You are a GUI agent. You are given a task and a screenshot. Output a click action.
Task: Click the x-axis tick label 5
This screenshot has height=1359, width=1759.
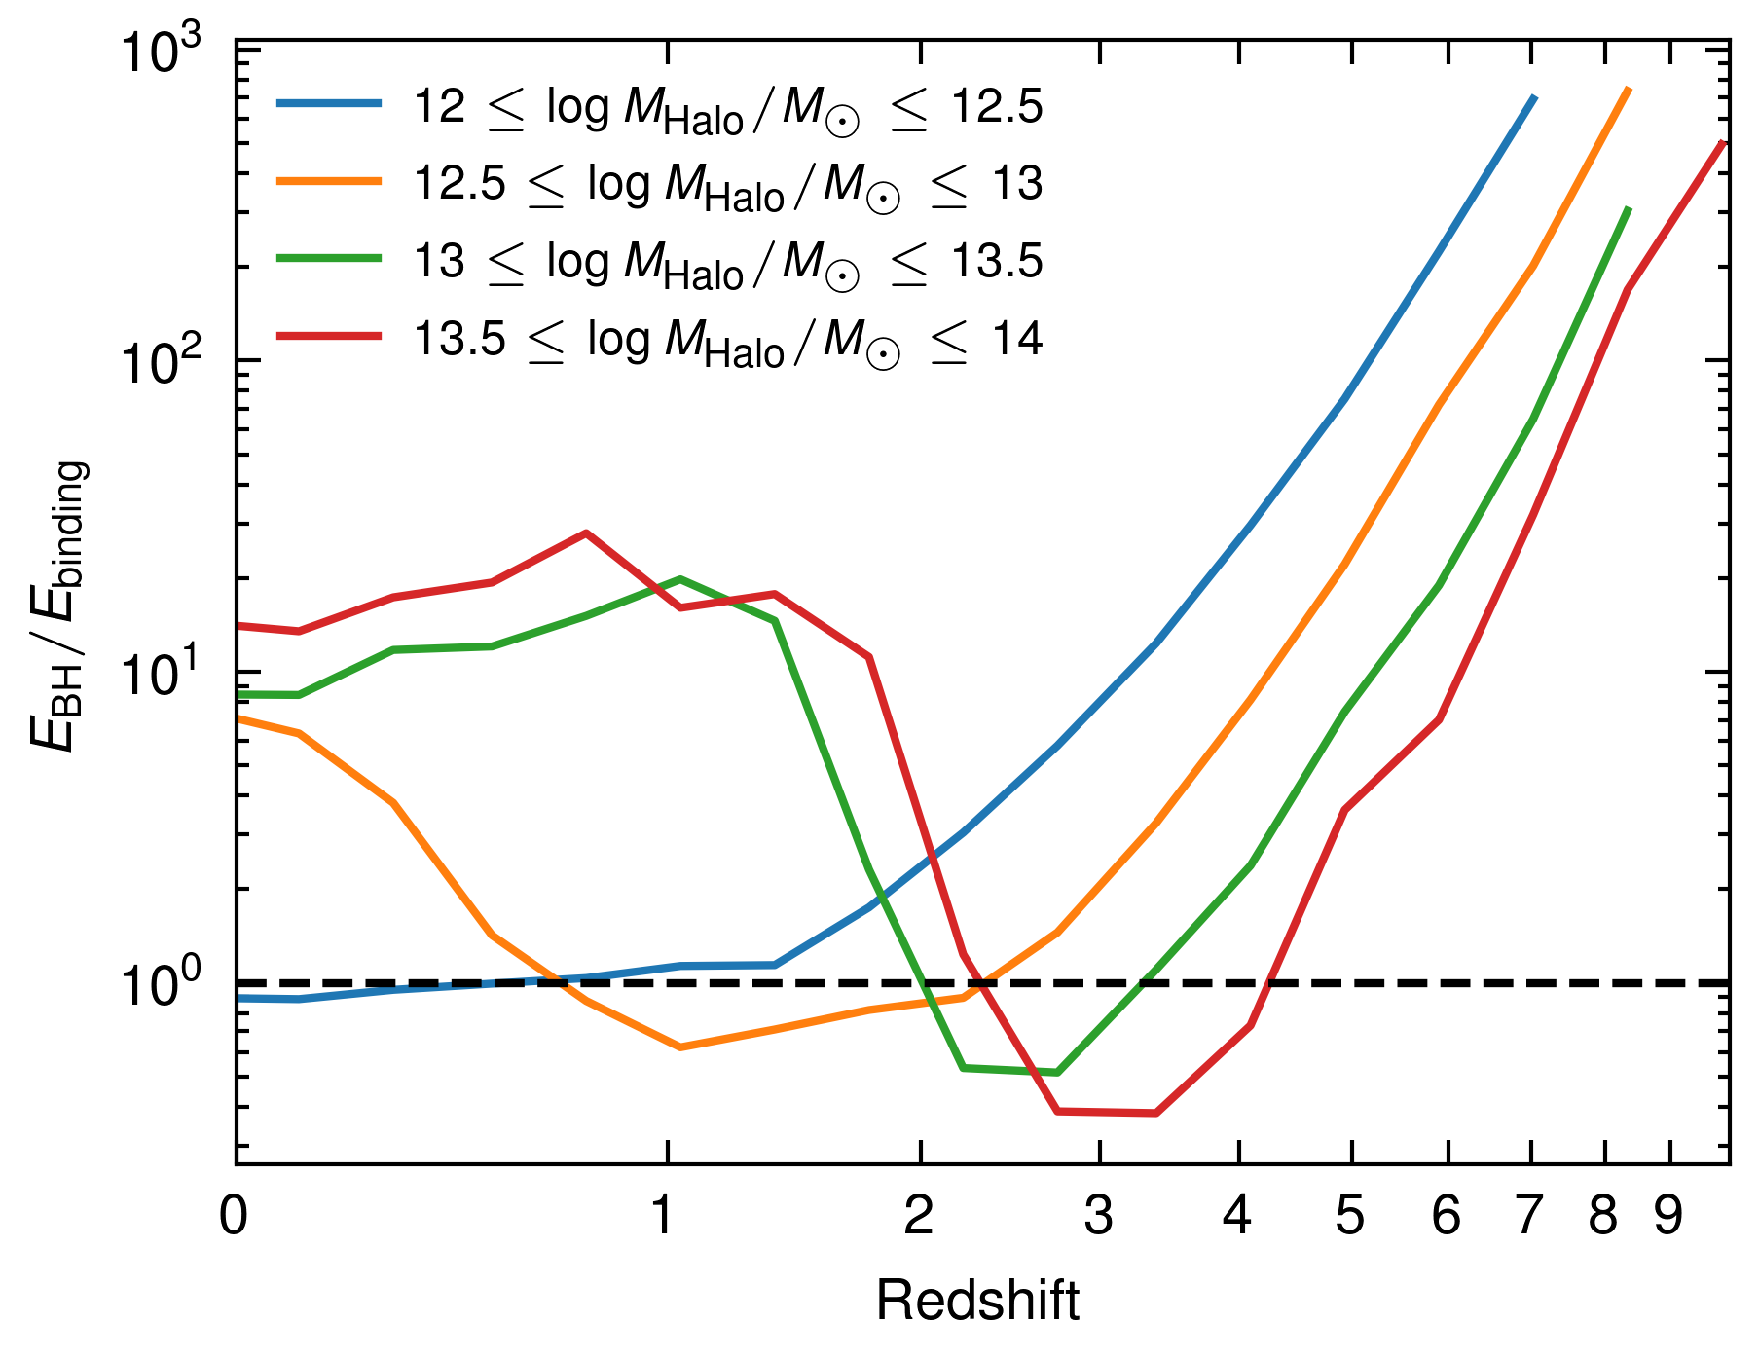coord(1349,1216)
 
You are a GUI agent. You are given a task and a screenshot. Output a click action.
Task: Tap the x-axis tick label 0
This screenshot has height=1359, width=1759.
coord(234,1216)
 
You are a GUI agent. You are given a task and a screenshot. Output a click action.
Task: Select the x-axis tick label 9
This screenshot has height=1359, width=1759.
coord(1668,1216)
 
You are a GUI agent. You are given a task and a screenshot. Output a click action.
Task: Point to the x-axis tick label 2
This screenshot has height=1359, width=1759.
coord(919,1216)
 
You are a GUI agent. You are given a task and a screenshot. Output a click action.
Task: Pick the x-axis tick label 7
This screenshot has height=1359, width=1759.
coord(1529,1216)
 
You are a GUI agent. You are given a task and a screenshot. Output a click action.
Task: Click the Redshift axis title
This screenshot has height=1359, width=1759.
coord(977,1302)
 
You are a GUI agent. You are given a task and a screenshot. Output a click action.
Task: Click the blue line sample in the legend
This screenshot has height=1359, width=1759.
coord(329,103)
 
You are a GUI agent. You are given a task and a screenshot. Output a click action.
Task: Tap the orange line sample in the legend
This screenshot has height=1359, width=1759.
coord(329,181)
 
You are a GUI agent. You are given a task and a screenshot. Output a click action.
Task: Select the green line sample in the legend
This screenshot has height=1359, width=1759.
coord(329,259)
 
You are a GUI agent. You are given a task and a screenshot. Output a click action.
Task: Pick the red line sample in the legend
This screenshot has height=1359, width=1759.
coord(329,337)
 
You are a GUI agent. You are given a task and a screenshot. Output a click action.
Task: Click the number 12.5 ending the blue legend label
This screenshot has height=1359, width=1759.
coord(997,105)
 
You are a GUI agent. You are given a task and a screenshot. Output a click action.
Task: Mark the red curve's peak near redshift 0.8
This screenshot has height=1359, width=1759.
coord(586,533)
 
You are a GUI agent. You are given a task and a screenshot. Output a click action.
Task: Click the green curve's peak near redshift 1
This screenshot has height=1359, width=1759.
coord(679,579)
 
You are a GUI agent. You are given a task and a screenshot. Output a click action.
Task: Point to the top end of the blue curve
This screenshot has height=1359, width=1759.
coord(1534,97)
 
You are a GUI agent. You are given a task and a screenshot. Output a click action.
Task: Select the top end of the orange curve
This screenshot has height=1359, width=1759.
coord(1629,89)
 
